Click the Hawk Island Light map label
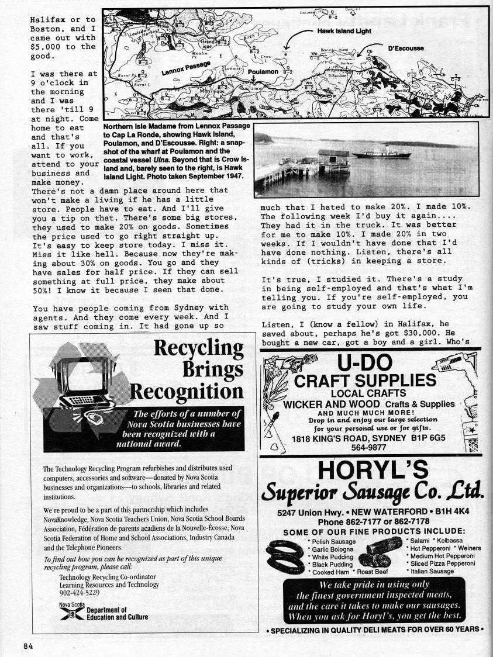tap(344, 31)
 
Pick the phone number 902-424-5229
tap(80, 592)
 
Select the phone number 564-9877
tap(368, 447)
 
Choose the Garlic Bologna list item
tap(333, 549)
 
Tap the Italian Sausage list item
tap(433, 571)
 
